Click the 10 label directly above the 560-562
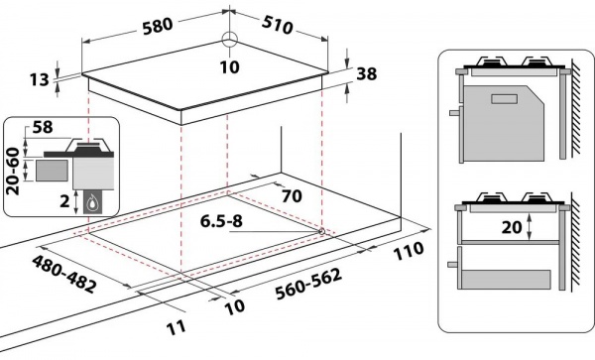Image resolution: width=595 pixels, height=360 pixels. (x=236, y=307)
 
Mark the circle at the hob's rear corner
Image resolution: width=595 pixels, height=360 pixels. (x=230, y=40)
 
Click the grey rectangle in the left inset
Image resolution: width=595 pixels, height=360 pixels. (x=49, y=170)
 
